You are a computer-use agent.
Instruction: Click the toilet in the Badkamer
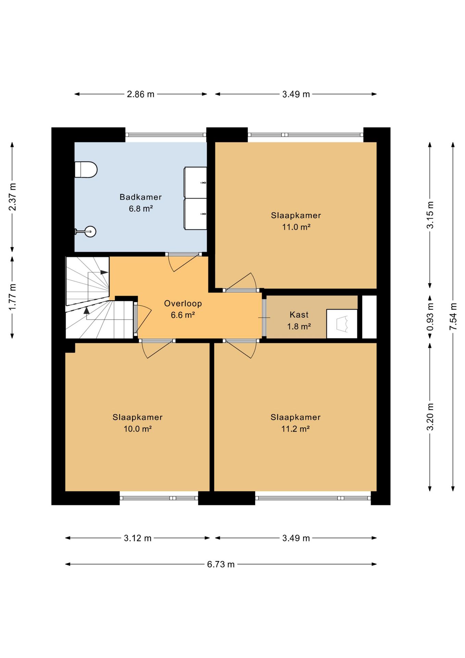coord(86,170)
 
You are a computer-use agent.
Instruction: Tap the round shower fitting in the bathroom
coord(90,232)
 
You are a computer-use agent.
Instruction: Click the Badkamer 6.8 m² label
coord(141,203)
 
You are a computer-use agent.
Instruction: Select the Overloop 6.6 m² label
coord(183,309)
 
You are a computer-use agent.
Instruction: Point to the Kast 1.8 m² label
coord(299,320)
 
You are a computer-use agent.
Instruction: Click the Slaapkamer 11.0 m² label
coord(296,221)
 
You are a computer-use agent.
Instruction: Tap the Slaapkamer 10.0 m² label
coord(138,423)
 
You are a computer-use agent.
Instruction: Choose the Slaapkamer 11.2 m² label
coord(296,423)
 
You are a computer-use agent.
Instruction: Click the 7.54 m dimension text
coord(453,316)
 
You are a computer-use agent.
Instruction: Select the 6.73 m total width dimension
coord(221,564)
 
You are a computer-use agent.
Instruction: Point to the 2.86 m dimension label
coord(140,94)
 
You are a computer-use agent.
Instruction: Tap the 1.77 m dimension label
coord(12,297)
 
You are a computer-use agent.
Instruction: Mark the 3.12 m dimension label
coord(138,538)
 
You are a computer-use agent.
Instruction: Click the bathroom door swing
coord(184,262)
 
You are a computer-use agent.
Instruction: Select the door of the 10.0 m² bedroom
coord(157,349)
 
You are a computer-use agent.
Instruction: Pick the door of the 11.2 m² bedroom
coord(241,349)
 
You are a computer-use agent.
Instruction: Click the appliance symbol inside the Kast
coord(342,324)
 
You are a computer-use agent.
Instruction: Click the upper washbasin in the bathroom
coord(195,182)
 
